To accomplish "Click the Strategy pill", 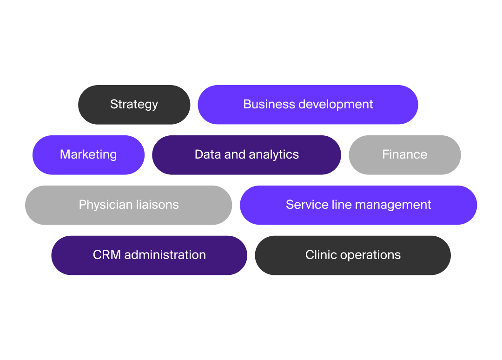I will tap(134, 105).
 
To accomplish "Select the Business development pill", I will tap(308, 105).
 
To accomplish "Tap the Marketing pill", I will tap(88, 154).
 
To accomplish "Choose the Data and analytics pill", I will tap(246, 154).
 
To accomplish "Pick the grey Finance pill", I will tap(404, 154).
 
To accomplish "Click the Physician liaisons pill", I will tap(129, 205).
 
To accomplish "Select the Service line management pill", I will tap(358, 205).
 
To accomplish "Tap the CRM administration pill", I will tap(149, 255).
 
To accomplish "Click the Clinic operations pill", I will tap(353, 255).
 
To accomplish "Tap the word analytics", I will tap(274, 155).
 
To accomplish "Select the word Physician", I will tap(104, 205).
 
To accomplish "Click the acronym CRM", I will tap(107, 255).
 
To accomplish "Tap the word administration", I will tap(165, 255).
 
